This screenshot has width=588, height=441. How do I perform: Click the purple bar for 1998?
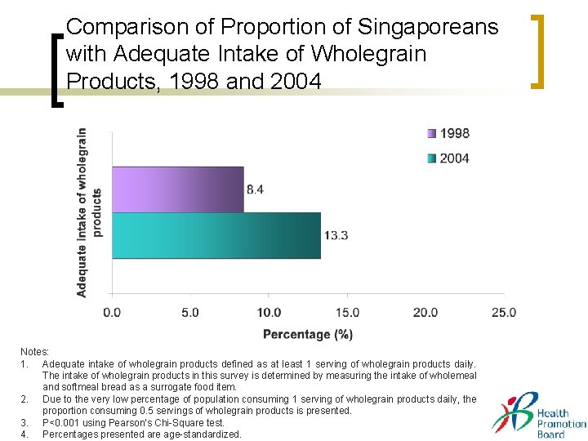[177, 189]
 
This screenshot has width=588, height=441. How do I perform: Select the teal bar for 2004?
[216, 235]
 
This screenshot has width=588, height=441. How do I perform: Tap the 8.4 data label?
[255, 189]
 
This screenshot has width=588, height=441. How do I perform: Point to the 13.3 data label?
[336, 235]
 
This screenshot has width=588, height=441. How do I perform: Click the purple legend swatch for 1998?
[430, 133]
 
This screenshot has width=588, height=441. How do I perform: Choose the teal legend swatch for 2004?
[430, 158]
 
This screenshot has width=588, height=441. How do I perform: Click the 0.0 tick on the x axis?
[112, 312]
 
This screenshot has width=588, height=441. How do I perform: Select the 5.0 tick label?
[189, 312]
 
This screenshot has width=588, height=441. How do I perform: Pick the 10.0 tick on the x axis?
[269, 312]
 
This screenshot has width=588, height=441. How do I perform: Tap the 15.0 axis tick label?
[347, 312]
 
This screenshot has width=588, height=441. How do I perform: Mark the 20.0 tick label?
[425, 312]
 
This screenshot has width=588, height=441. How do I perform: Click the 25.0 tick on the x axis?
[504, 312]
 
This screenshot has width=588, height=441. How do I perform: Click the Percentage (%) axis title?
[308, 334]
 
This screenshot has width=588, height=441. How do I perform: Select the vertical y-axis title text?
[89, 212]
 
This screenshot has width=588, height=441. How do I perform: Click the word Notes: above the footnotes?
[35, 351]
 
